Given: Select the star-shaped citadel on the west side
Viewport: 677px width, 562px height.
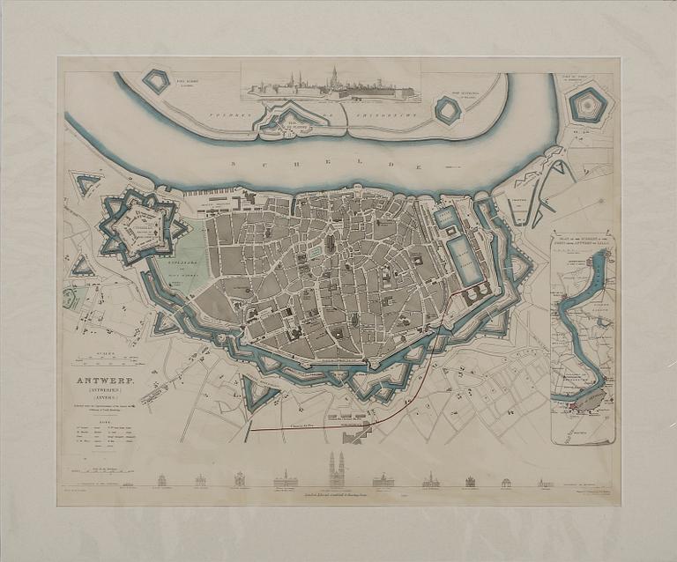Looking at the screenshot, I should coord(141,222).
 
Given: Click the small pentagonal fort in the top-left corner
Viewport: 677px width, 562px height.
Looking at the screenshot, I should coord(157,81).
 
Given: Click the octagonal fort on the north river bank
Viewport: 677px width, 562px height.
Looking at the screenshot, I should coord(448,110).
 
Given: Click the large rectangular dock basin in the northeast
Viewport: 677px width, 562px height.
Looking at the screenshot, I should coord(465,258).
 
